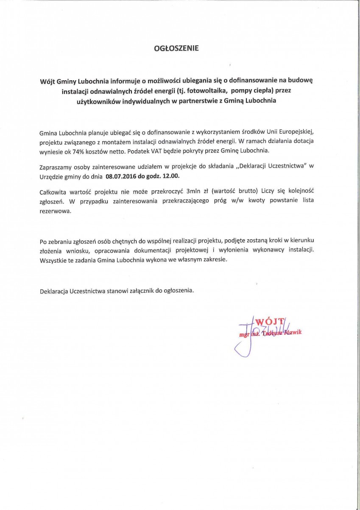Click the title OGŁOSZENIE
tap(176, 48)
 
